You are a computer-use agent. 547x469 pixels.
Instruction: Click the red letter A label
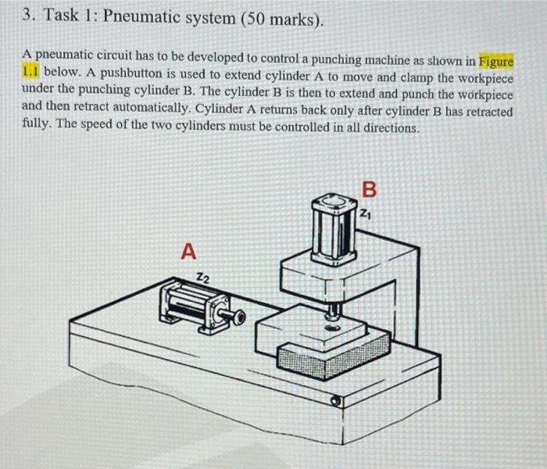click(188, 252)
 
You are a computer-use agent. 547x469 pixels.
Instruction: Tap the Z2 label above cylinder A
click(202, 276)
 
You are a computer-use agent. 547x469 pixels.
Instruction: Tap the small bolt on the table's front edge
click(335, 400)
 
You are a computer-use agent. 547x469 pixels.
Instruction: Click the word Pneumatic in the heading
click(146, 18)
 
